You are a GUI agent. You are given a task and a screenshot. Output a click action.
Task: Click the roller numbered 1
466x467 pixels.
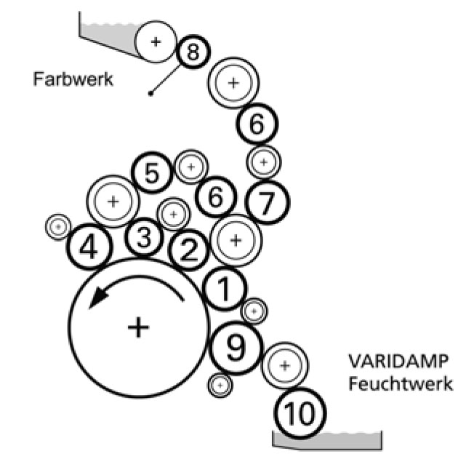click(x=225, y=290)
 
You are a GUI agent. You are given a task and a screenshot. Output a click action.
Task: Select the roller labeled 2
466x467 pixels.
click(x=188, y=251)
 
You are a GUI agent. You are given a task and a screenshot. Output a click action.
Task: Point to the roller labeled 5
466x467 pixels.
click(x=151, y=173)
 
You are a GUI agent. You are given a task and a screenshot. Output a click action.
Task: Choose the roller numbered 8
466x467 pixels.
click(x=193, y=51)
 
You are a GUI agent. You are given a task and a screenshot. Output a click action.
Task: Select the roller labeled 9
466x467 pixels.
click(x=235, y=348)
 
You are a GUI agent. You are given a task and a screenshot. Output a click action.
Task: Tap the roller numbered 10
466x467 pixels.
click(x=300, y=414)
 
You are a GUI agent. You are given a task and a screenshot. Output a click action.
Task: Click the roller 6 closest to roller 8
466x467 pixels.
click(x=257, y=124)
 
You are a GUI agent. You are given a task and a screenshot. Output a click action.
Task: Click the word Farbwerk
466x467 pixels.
click(x=73, y=78)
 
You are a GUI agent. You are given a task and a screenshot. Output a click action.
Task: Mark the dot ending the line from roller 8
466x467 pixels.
click(x=150, y=93)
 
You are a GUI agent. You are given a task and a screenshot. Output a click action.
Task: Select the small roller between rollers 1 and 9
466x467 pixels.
click(x=254, y=311)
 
